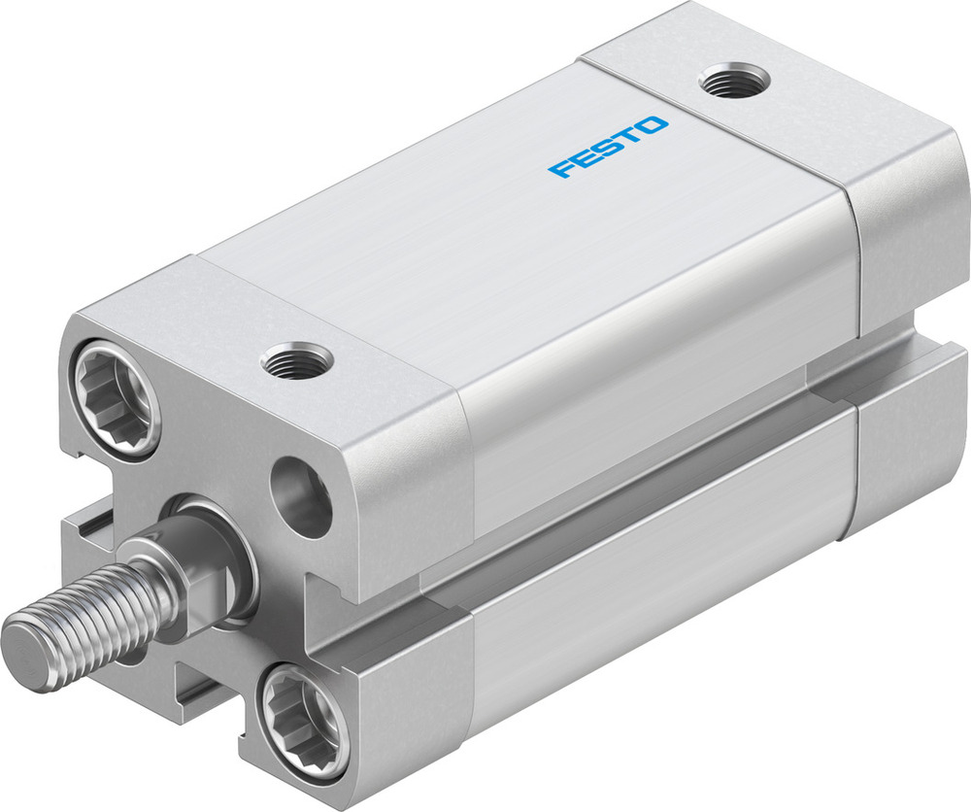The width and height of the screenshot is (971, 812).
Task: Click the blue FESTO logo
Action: [608, 148]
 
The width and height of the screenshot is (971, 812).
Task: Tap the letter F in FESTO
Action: [561, 170]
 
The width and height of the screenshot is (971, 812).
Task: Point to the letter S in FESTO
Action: [609, 148]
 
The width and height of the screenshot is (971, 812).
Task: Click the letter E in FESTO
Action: [585, 159]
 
